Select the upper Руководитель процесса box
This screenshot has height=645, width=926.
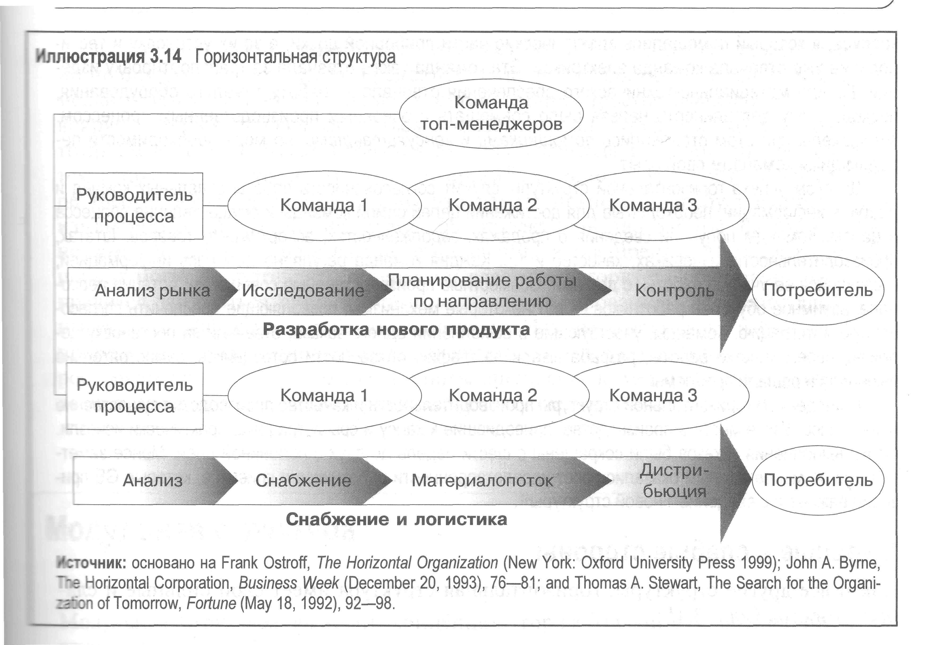click(134, 206)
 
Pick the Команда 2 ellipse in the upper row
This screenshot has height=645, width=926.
click(493, 205)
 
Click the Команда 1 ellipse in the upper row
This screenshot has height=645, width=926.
click(324, 205)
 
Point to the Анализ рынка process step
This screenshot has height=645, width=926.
click(152, 291)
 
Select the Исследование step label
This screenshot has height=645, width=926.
click(303, 291)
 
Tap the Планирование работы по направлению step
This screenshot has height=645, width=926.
click(482, 291)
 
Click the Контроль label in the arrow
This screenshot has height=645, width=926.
click(675, 291)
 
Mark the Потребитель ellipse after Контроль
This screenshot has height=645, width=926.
click(818, 291)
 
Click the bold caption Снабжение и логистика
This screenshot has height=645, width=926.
click(396, 519)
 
